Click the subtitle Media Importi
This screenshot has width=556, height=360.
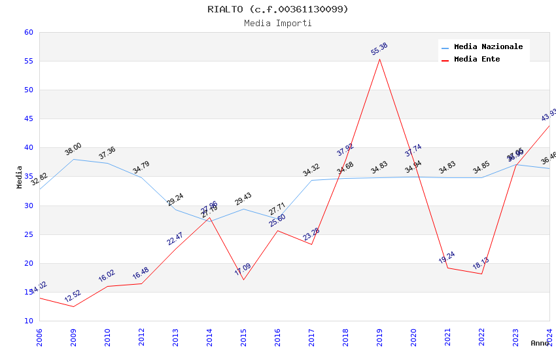coord(278,23)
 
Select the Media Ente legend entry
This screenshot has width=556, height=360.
coord(477,59)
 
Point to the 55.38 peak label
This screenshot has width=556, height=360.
coord(379,49)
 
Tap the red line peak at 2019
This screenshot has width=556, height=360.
coord(379,59)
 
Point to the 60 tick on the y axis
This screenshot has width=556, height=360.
coord(28,32)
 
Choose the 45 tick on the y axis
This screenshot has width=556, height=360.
coord(28,118)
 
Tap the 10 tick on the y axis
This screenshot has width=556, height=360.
coord(28,321)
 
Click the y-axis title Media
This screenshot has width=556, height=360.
coord(20,177)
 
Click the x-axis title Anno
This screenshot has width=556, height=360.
coord(540,343)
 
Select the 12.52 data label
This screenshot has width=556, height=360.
coord(73,296)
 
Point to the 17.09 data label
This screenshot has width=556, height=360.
coord(243,269)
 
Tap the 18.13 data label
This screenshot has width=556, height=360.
coord(481,264)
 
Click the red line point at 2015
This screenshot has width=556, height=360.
coord(243,280)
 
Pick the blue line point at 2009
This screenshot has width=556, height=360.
coord(73,159)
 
